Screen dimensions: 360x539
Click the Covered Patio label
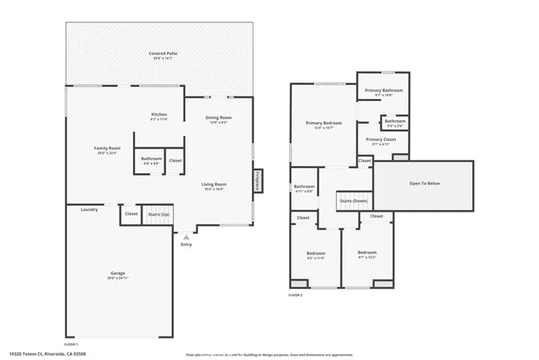(162, 54)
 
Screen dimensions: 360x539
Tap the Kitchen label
(159, 115)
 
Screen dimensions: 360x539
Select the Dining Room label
(219, 118)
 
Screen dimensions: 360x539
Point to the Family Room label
(106, 148)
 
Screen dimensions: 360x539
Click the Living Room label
(214, 184)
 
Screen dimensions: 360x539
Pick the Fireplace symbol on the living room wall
(258, 181)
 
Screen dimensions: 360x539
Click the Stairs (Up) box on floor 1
(158, 214)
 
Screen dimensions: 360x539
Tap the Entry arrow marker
(186, 236)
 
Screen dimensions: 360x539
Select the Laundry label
(89, 209)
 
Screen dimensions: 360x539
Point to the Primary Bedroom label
(323, 123)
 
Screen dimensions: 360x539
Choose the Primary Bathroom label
(383, 91)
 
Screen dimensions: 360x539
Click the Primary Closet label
(381, 139)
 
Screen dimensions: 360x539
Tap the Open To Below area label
(424, 183)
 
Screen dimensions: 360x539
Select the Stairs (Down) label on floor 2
(354, 201)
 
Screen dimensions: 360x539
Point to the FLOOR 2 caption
(295, 295)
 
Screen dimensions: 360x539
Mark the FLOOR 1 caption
(71, 343)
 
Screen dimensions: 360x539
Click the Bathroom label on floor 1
(151, 159)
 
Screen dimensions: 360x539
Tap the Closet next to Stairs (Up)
(131, 214)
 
